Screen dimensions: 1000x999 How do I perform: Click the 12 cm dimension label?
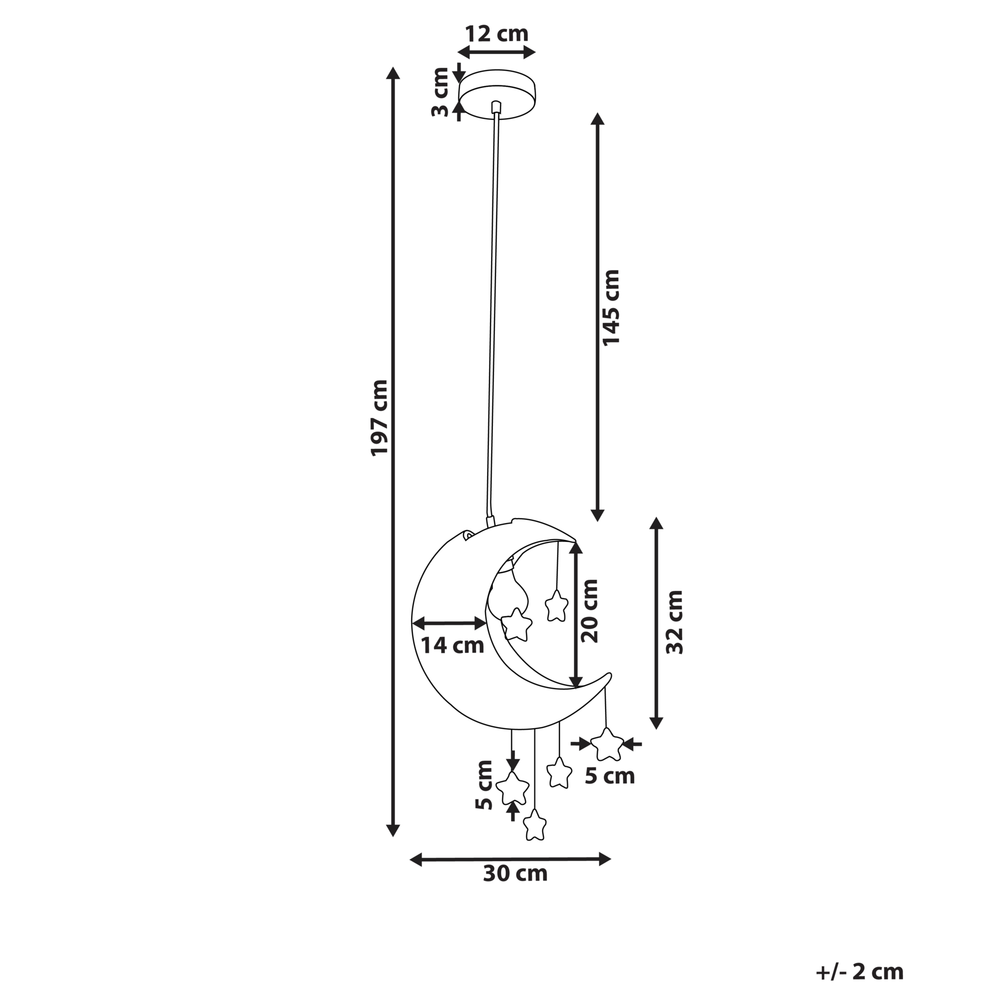[x=497, y=34]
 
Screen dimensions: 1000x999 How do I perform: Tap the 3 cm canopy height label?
[x=440, y=92]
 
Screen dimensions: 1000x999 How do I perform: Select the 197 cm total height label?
[x=379, y=418]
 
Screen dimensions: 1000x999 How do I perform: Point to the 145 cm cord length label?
[x=611, y=308]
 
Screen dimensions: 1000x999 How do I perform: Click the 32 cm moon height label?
[x=674, y=622]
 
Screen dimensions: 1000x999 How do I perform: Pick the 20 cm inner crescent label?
[x=589, y=611]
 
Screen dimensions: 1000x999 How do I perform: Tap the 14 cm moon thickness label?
[x=452, y=646]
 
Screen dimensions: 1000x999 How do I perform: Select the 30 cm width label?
[x=515, y=874]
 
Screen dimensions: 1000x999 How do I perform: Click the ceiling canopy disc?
[x=497, y=94]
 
